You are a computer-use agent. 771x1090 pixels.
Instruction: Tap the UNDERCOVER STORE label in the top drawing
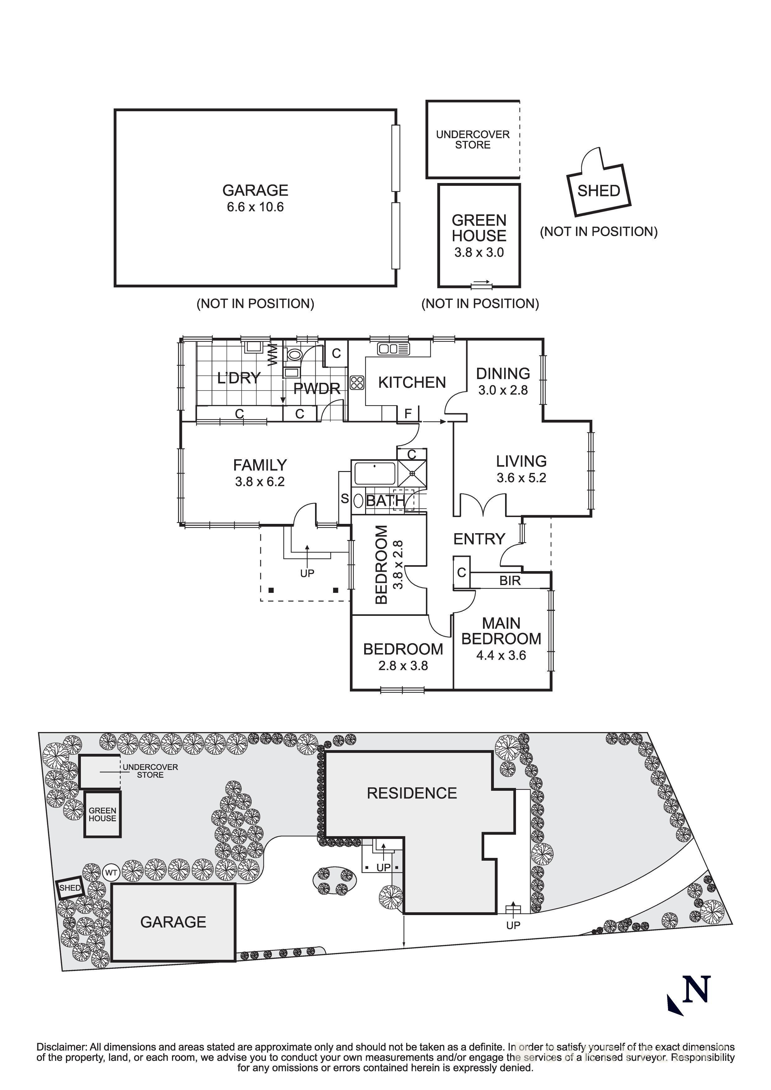473,140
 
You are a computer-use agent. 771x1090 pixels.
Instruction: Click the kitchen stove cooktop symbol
357,382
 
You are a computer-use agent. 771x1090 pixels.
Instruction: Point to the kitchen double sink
393,349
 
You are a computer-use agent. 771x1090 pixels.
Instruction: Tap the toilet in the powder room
295,354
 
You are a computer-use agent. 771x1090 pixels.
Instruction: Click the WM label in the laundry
273,355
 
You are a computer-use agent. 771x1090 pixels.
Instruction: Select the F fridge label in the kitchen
408,414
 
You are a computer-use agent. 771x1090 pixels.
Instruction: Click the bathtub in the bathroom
374,473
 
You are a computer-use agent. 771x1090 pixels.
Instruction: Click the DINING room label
503,373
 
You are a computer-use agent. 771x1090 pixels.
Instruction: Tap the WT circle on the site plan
111,872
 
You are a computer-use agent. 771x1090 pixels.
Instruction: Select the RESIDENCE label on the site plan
412,793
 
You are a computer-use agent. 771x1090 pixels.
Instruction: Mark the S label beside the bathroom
345,498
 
